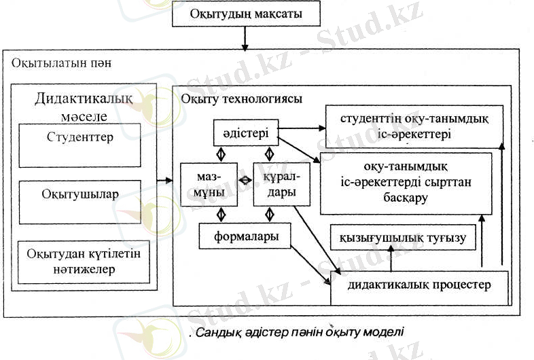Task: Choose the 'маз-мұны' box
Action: click(x=209, y=184)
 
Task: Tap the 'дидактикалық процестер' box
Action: click(x=419, y=285)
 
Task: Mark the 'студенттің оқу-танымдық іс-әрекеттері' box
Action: click(x=413, y=126)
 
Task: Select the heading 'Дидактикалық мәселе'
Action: click(x=84, y=106)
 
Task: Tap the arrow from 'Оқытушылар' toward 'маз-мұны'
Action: click(x=165, y=181)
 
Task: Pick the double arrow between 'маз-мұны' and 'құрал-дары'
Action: click(x=245, y=181)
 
